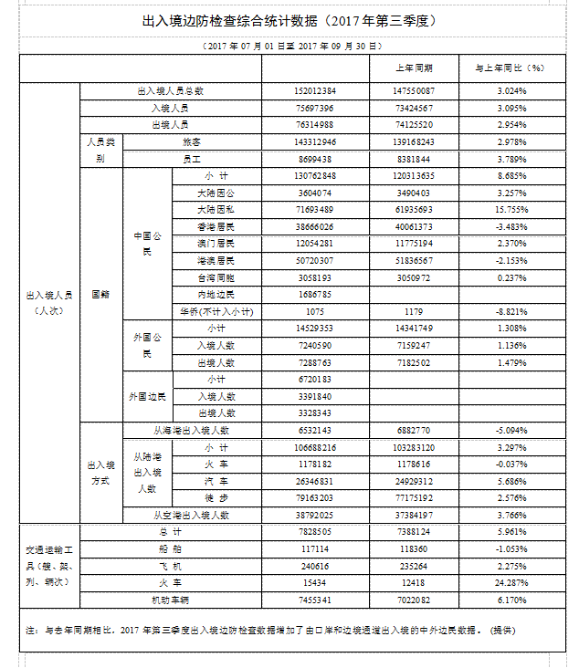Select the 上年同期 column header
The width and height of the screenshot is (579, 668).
click(414, 68)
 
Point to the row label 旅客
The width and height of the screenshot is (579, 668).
click(192, 142)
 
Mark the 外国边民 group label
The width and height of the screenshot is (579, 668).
click(146, 396)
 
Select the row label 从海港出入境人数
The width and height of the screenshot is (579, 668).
click(191, 430)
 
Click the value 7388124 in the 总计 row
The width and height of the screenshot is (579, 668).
click(414, 532)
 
